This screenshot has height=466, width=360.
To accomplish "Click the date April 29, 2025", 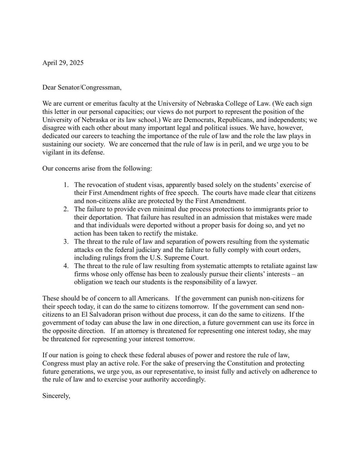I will pos(63,63).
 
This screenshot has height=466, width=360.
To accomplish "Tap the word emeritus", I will pos(99,104).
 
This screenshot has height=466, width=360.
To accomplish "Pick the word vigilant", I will pos(53,152).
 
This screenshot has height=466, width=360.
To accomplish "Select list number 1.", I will pos(66,185).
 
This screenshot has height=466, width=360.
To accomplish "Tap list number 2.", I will pos(66,209).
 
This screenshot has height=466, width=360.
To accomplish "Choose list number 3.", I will pos(66,242).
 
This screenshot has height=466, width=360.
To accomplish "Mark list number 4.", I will pos(66,266).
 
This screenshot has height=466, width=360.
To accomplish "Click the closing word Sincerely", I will pos(56,396).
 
